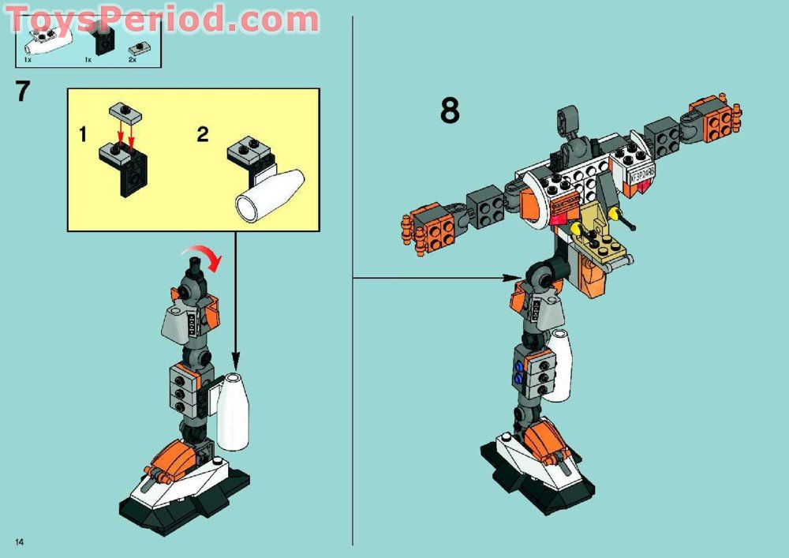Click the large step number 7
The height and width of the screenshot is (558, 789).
(x=22, y=91)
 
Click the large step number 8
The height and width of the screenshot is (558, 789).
(x=450, y=110)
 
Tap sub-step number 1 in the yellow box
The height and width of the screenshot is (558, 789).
(x=83, y=134)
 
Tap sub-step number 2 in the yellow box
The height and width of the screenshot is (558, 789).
(x=203, y=134)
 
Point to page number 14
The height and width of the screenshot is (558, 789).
(x=19, y=541)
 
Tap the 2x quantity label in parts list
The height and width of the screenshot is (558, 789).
(x=133, y=59)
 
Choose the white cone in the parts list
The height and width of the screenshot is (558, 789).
(x=47, y=39)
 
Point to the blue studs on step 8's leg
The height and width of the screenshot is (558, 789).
(x=518, y=371)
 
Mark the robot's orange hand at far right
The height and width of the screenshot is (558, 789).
(x=719, y=118)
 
